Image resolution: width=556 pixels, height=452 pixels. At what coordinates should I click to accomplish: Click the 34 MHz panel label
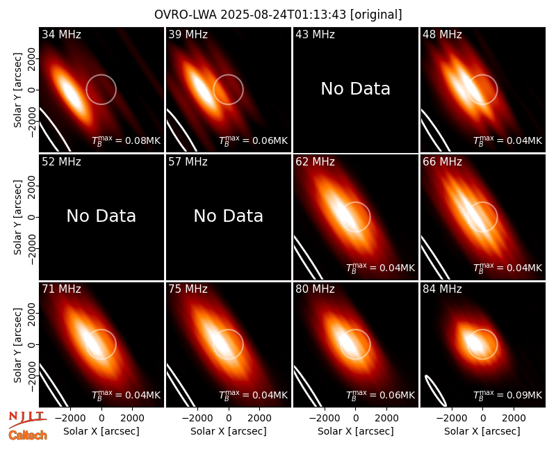[x=61, y=34]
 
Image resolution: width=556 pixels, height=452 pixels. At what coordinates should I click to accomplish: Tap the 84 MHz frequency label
[x=442, y=289]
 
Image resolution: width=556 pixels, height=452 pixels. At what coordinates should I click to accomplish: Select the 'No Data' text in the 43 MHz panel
[x=356, y=89]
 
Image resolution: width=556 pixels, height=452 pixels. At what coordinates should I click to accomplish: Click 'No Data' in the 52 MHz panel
[x=101, y=216]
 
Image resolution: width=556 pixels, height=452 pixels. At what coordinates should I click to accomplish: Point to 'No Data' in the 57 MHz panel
[x=229, y=216]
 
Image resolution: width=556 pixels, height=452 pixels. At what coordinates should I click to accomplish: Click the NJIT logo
[x=27, y=419]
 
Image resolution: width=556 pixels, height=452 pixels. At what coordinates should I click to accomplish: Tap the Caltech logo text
[x=28, y=435]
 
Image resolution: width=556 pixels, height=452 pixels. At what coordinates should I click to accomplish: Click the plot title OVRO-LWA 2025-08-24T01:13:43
[x=250, y=15]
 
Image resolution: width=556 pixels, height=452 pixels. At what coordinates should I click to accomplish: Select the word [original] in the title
[x=376, y=15]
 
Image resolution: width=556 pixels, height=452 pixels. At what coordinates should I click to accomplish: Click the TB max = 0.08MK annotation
[x=126, y=140]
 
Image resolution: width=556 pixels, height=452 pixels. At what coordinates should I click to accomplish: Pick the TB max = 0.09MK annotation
[x=508, y=395]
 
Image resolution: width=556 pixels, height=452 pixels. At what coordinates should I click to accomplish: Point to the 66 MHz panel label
[x=442, y=162]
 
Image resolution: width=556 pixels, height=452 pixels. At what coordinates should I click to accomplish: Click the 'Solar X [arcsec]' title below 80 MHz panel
[x=356, y=431]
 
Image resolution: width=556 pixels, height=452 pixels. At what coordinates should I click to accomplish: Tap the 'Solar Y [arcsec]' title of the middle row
[x=17, y=217]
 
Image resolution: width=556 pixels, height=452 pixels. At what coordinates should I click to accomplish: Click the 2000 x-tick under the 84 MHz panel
[x=514, y=419]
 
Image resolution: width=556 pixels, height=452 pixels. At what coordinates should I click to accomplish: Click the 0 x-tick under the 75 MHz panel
[x=229, y=419]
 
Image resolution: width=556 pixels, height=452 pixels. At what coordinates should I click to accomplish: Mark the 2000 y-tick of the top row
[x=32, y=59]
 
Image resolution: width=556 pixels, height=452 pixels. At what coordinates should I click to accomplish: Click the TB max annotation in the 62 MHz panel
[x=380, y=268]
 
